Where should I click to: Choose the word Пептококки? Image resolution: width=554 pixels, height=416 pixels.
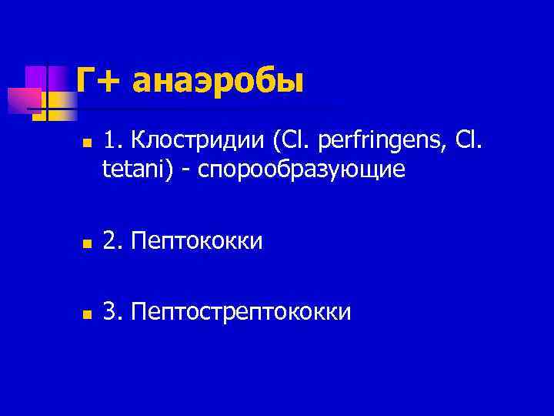196,242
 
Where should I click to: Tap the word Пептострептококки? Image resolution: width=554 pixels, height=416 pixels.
241,312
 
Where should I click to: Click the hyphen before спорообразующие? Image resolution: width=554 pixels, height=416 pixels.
187,169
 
